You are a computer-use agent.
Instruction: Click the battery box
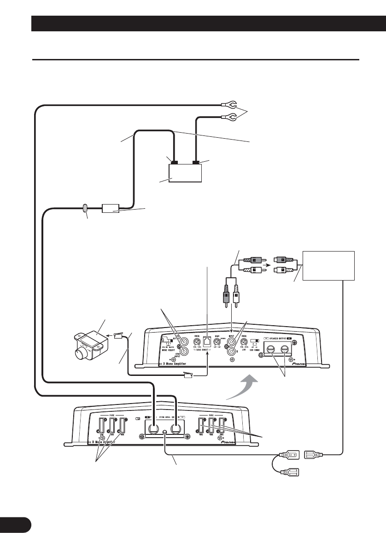coord(186,173)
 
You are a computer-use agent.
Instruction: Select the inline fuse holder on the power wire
coord(111,208)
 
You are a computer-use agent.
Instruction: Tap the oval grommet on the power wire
coord(86,208)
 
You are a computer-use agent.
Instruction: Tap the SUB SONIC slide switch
coord(255,341)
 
